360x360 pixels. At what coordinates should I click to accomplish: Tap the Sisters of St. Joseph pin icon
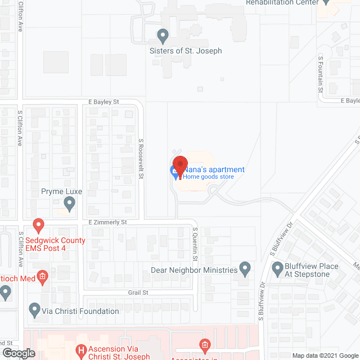coord(163,37)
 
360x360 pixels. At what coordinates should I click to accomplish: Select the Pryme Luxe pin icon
coord(70,204)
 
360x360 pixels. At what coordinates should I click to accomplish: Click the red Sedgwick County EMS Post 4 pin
coord(39,226)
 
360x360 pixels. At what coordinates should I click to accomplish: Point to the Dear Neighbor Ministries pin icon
coord(245,269)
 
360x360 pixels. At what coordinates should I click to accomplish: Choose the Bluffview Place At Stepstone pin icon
coord(277,269)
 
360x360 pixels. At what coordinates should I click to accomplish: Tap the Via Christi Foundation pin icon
coord(33,309)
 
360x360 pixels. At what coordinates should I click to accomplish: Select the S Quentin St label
coord(195,244)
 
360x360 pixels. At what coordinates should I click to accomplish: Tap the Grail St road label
coord(137,292)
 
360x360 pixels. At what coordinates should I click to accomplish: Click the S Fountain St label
coord(321,74)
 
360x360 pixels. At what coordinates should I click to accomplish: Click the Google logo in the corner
coord(19,353)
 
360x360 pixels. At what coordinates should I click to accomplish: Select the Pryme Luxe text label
coord(62,192)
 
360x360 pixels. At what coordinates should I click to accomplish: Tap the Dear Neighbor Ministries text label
coord(194,270)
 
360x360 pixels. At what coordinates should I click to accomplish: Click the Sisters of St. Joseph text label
coord(186,51)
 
